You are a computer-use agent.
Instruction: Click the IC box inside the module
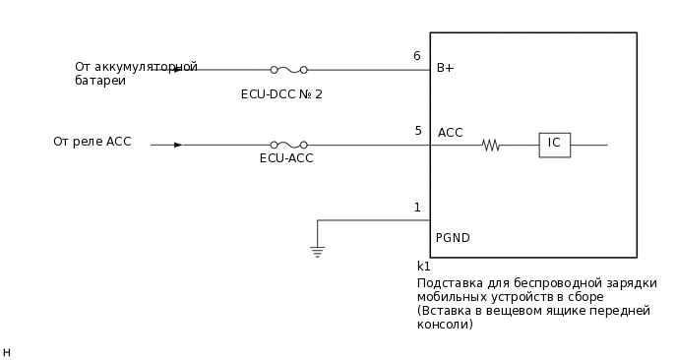coord(554,145)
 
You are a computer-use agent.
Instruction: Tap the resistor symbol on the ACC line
coord(490,146)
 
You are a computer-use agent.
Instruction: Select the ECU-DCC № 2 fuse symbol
coord(288,70)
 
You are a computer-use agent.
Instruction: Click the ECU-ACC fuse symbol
coord(288,145)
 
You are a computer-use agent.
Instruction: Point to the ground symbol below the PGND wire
coord(317,251)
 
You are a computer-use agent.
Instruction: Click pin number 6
coord(417,56)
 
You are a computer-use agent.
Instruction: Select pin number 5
coord(417,131)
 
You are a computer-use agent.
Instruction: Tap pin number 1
coord(417,208)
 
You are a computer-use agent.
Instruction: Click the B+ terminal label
coord(446,69)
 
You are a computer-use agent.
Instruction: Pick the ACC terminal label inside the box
coord(450,133)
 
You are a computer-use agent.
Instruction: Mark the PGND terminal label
coord(453,238)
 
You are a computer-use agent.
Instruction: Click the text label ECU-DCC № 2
coord(281,94)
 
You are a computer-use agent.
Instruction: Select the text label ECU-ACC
coord(286,158)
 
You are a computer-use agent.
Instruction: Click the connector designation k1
coord(424,267)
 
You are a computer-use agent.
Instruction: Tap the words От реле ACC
coord(92,142)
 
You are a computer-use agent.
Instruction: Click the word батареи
coord(100,81)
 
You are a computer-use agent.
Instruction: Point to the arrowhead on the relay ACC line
coord(178,145)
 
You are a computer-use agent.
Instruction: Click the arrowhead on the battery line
coord(177,70)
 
